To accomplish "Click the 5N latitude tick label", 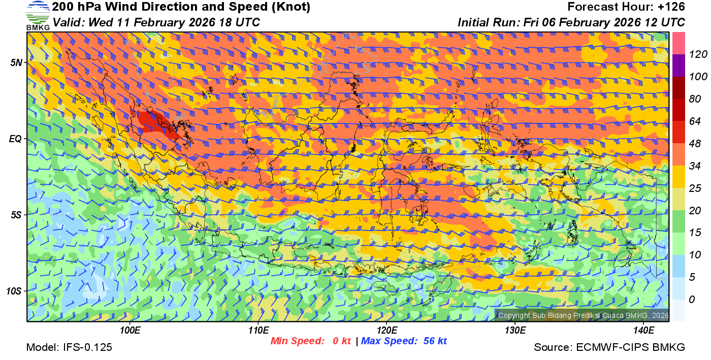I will click(x=16, y=62).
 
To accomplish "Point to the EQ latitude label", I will click(x=16, y=139).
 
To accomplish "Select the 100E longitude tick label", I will click(x=130, y=331).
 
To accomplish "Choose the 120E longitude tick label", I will click(x=386, y=331).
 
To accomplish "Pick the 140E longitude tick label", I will click(x=643, y=331).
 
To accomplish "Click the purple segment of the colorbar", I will click(x=678, y=66).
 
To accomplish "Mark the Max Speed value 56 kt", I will click(x=435, y=341).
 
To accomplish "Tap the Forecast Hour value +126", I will click(x=671, y=7).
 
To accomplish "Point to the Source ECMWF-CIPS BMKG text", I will click(x=609, y=348).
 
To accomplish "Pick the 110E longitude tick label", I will click(x=258, y=331).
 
